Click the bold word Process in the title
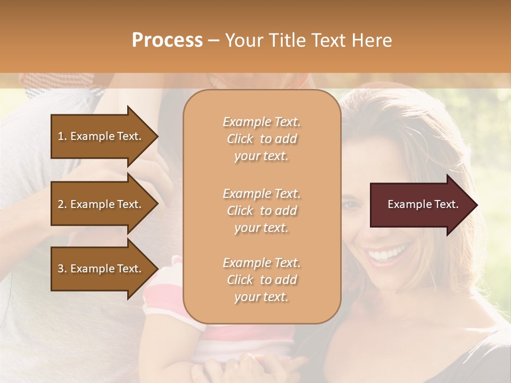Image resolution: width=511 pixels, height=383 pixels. (x=167, y=40)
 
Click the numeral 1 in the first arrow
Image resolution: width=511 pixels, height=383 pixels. (x=61, y=136)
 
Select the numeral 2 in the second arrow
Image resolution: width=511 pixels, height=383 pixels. (x=61, y=204)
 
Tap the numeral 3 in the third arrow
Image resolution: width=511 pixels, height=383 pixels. (x=61, y=269)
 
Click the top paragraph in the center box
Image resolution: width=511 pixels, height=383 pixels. (x=261, y=139)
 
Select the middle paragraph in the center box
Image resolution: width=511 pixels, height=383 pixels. (x=261, y=211)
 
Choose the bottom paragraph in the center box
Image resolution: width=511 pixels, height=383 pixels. (x=261, y=280)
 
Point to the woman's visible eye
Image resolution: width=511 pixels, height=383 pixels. (x=353, y=204)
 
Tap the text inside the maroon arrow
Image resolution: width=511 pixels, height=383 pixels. (x=423, y=205)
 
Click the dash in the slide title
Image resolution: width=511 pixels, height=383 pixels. (x=213, y=41)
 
